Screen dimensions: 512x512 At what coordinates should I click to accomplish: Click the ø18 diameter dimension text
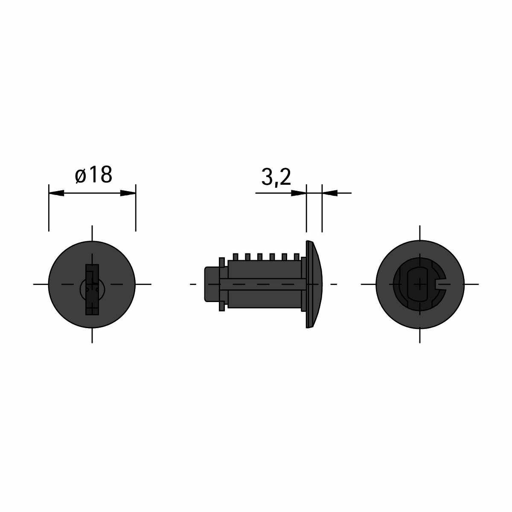(93, 175)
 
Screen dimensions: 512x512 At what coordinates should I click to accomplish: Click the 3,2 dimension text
(276, 177)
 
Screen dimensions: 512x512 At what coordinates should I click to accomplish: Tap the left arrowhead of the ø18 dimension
(57, 193)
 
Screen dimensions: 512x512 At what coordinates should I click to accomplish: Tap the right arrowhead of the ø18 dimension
(128, 193)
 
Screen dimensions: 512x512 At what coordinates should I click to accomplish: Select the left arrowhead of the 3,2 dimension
(299, 193)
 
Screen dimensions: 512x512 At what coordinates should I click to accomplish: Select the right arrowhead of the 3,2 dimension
(330, 193)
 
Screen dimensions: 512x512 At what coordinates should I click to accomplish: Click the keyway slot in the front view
(92, 290)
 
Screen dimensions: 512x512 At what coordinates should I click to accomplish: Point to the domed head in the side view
(314, 284)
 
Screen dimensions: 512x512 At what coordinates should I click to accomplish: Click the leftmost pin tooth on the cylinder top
(235, 257)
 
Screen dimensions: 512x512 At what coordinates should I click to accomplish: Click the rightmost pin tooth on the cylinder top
(297, 257)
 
